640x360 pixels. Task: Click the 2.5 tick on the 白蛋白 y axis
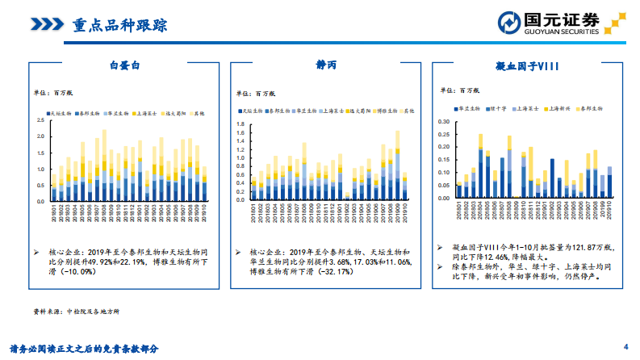[40, 120]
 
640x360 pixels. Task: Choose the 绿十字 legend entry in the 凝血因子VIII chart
[496, 107]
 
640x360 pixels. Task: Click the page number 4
[625, 343]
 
